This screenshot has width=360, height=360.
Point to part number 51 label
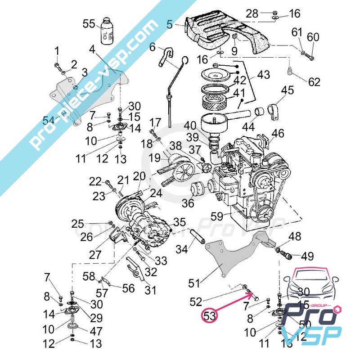pos(194,283)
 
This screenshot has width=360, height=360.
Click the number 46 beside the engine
pos(278,133)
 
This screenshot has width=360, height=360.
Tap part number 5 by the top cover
pos(169,24)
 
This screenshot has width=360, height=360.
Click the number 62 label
pos(314,82)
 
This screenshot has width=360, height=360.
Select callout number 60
pos(313,37)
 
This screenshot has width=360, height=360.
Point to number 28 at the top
pos(252,13)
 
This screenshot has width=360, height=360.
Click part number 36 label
pos(188,203)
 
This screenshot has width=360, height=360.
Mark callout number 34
pos(181,248)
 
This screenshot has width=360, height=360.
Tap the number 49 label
pos(307,256)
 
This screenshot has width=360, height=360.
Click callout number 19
pos(155,158)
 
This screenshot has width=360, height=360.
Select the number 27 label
pos(95,254)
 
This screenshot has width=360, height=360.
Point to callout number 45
pos(287,91)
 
